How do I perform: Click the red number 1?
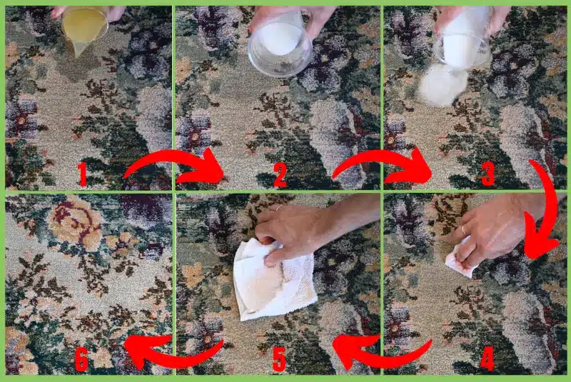point(82,174)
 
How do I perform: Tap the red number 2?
point(281,174)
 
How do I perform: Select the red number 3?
point(488,174)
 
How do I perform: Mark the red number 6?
point(81,360)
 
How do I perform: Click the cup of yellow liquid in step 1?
point(84,26)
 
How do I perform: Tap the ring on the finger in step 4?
point(465,231)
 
